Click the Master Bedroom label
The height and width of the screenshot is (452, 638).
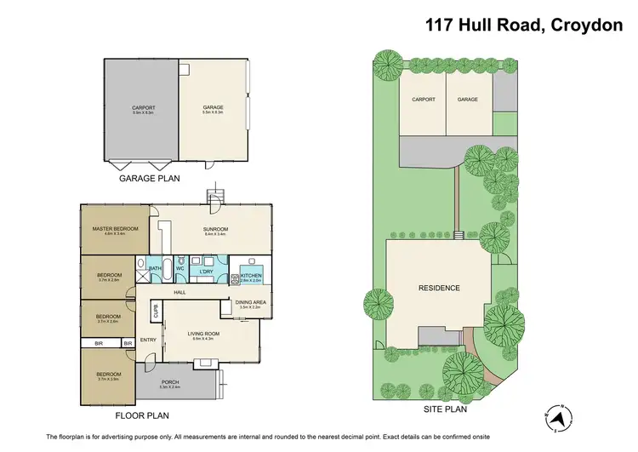[114, 228]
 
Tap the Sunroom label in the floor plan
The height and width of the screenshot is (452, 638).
[214, 227]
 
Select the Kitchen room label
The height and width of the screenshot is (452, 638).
[250, 274]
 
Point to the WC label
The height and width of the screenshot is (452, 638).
[180, 269]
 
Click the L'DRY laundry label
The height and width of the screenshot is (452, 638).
[205, 272]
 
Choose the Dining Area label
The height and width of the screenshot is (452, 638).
[250, 303]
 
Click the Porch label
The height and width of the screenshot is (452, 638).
[171, 382]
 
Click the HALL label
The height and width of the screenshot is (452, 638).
[179, 292]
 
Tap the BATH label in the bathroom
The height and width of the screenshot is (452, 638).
[155, 269]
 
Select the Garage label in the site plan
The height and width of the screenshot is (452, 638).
[467, 100]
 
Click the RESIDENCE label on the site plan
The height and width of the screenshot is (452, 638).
[440, 288]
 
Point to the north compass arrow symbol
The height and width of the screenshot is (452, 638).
[559, 416]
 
